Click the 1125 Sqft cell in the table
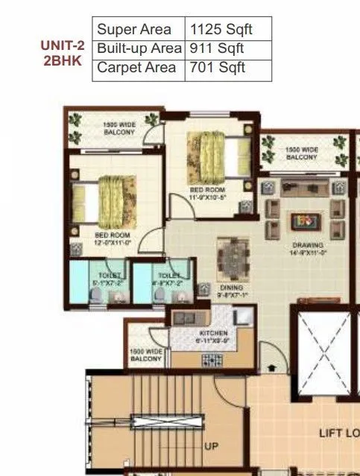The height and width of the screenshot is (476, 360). tap(221, 30)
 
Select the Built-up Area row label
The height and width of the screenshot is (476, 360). tap(139, 48)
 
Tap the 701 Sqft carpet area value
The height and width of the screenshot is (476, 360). tap(217, 68)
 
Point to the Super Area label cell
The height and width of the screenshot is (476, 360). tap(129, 30)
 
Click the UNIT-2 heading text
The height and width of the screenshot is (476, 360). tap(63, 45)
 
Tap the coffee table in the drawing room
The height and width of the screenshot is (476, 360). tap(303, 221)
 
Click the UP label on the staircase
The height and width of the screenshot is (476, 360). tap(211, 446)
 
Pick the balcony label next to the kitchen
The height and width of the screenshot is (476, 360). tap(146, 355)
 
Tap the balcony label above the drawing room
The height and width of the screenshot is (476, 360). tap(302, 154)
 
